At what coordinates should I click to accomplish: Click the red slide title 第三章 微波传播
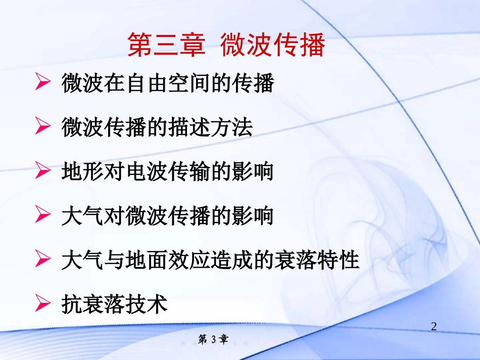pyautogui.click(x=225, y=45)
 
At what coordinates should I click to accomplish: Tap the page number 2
pyautogui.click(x=434, y=326)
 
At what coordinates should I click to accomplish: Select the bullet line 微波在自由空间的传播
pyautogui.click(x=167, y=83)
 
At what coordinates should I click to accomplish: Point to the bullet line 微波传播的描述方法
pyautogui.click(x=157, y=128)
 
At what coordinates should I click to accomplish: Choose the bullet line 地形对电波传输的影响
pyautogui.click(x=167, y=172)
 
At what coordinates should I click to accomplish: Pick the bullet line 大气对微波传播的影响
pyautogui.click(x=167, y=216)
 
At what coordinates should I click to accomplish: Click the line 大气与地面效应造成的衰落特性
pyautogui.click(x=210, y=261)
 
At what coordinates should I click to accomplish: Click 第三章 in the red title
pyautogui.click(x=166, y=45)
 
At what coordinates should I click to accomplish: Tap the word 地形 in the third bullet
pyautogui.click(x=82, y=172)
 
